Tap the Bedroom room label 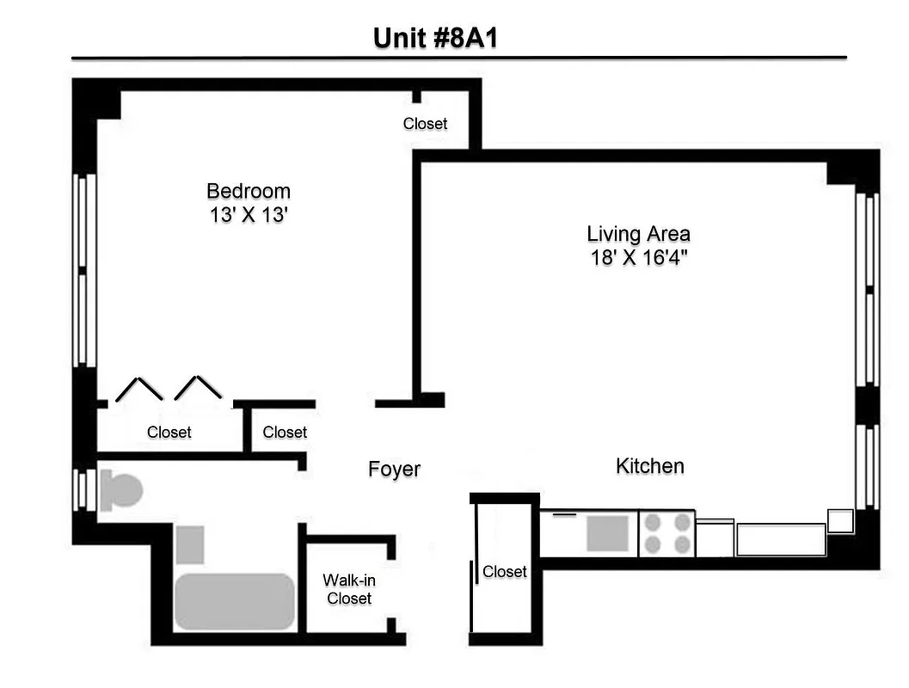point(249,191)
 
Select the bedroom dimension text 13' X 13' point(249,215)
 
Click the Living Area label point(638,233)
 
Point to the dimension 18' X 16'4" point(638,257)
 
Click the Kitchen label point(650,466)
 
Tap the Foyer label point(394,470)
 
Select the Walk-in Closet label point(348,589)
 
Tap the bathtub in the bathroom point(234,601)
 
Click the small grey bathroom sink point(190,544)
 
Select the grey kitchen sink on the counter point(608,533)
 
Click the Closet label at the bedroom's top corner point(425,124)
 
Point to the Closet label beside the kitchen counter point(504,571)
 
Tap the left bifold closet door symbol point(139,390)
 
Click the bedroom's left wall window point(83,271)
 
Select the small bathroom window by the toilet point(83,489)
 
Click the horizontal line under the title point(458,58)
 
